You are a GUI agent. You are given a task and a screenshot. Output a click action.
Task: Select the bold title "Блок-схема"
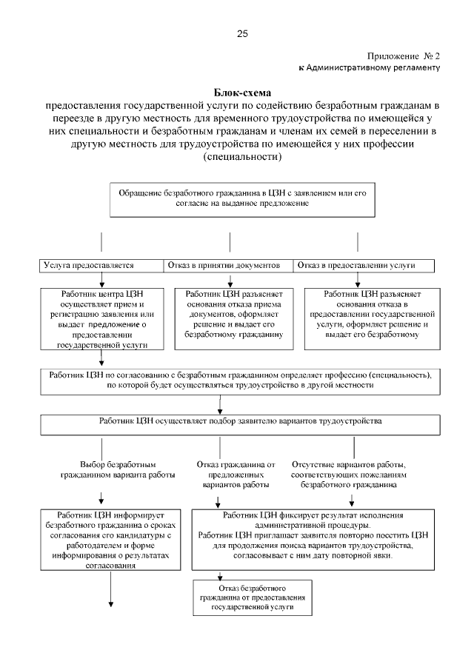pyautogui.click(x=243, y=93)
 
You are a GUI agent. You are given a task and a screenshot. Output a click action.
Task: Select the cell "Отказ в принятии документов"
pyautogui.click(x=229, y=265)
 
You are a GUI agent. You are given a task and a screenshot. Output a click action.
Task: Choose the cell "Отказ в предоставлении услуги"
pyautogui.click(x=356, y=265)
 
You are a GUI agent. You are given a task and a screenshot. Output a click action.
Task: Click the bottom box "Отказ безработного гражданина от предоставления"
pyautogui.click(x=251, y=596)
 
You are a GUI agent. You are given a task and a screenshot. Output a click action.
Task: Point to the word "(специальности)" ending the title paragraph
pyautogui.click(x=242, y=158)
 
